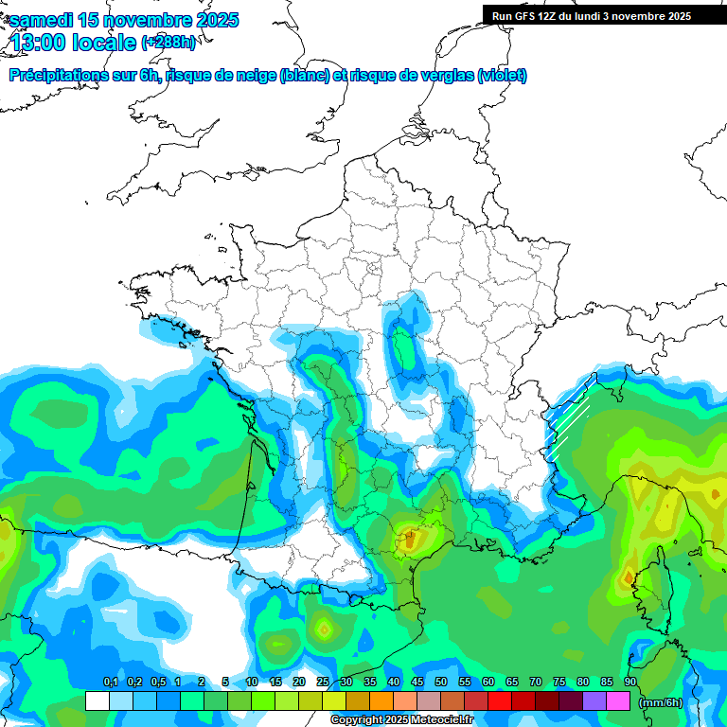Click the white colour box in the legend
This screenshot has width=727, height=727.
[x=97, y=701]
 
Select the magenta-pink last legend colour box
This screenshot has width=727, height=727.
[x=618, y=701]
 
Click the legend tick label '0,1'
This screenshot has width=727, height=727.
[x=111, y=683]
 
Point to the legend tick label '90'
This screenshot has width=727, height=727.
[x=630, y=683]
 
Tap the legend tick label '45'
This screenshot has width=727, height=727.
[x=417, y=683]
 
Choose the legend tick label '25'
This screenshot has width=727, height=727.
[x=323, y=683]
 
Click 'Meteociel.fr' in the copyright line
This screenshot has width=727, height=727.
[x=443, y=720]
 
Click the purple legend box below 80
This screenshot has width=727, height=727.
[x=594, y=701]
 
